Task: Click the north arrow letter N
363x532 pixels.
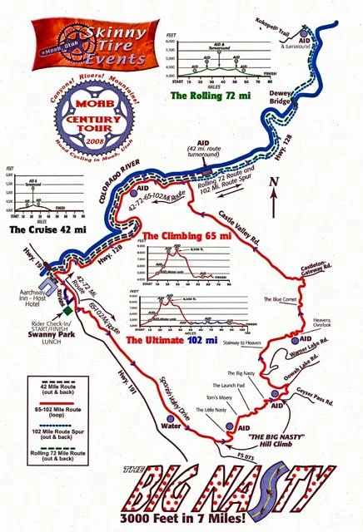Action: click(x=286, y=180)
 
